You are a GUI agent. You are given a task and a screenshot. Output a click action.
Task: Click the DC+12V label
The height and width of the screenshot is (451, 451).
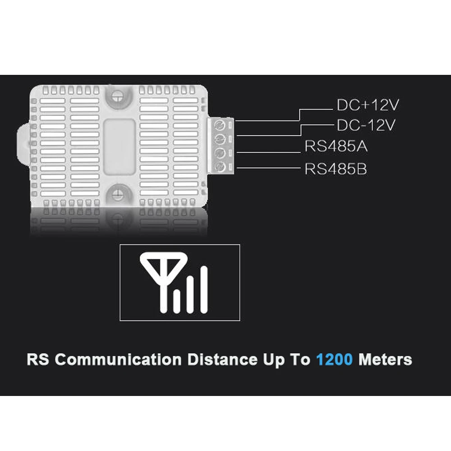[x=368, y=106]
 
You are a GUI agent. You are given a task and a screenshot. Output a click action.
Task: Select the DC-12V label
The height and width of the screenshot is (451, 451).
[x=366, y=125]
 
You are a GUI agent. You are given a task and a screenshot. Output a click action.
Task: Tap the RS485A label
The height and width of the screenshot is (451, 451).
[x=336, y=147]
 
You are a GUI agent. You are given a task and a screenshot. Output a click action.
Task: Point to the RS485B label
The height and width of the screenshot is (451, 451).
[x=336, y=170]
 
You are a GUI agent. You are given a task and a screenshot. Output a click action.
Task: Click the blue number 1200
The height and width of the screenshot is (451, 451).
[x=334, y=360]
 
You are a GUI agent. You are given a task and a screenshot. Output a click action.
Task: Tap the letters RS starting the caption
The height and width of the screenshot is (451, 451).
[x=38, y=360]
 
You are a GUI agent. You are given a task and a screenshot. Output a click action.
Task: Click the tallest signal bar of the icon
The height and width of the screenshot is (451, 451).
[x=204, y=290]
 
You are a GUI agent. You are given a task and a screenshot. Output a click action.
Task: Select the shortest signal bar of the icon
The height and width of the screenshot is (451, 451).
[x=177, y=302]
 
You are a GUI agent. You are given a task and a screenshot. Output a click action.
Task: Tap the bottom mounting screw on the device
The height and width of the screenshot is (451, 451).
[x=118, y=193]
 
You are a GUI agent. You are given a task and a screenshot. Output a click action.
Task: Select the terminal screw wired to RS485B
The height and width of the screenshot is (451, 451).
[x=221, y=167]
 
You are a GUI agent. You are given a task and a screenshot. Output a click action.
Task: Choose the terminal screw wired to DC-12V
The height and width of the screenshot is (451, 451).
[x=221, y=138]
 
